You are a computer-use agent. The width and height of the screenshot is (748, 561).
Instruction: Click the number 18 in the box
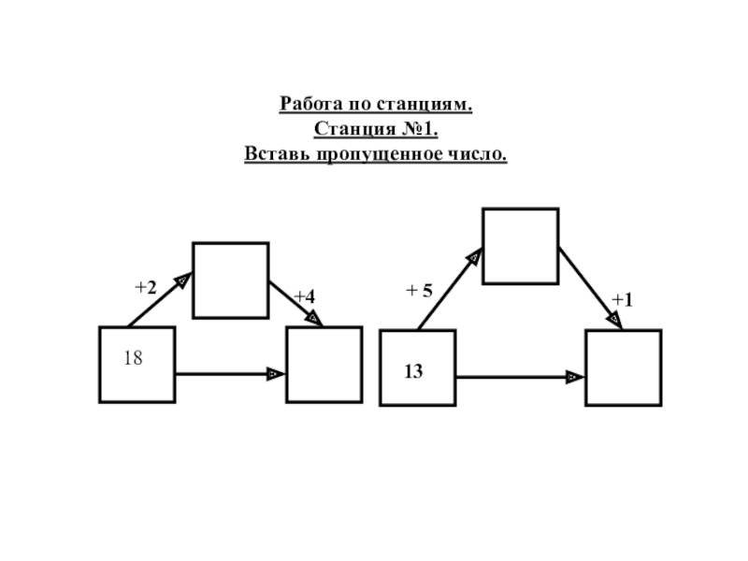coord(133,357)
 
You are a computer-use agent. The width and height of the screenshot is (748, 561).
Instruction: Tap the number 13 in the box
coord(413,371)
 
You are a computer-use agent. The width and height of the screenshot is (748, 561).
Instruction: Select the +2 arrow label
coord(145,288)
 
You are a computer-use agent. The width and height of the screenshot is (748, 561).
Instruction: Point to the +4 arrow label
coord(304,296)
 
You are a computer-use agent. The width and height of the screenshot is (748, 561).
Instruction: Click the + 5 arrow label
coord(419,291)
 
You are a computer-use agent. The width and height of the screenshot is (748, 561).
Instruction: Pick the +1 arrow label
coord(622,299)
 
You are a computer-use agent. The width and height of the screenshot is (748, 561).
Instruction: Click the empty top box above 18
coord(230,280)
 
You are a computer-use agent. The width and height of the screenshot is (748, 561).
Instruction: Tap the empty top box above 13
coord(520,246)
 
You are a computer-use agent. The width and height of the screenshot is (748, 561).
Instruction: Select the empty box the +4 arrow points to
coord(324,365)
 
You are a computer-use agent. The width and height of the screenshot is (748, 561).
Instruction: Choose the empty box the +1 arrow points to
coord(623,367)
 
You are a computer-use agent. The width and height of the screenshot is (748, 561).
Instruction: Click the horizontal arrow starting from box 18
coord(229,374)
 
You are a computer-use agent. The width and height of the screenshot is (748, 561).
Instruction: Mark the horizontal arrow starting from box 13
coord(519,377)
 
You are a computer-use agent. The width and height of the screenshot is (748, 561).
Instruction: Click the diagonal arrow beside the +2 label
coord(160,299)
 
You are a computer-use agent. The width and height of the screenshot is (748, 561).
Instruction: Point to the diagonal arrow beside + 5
coord(450,289)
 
